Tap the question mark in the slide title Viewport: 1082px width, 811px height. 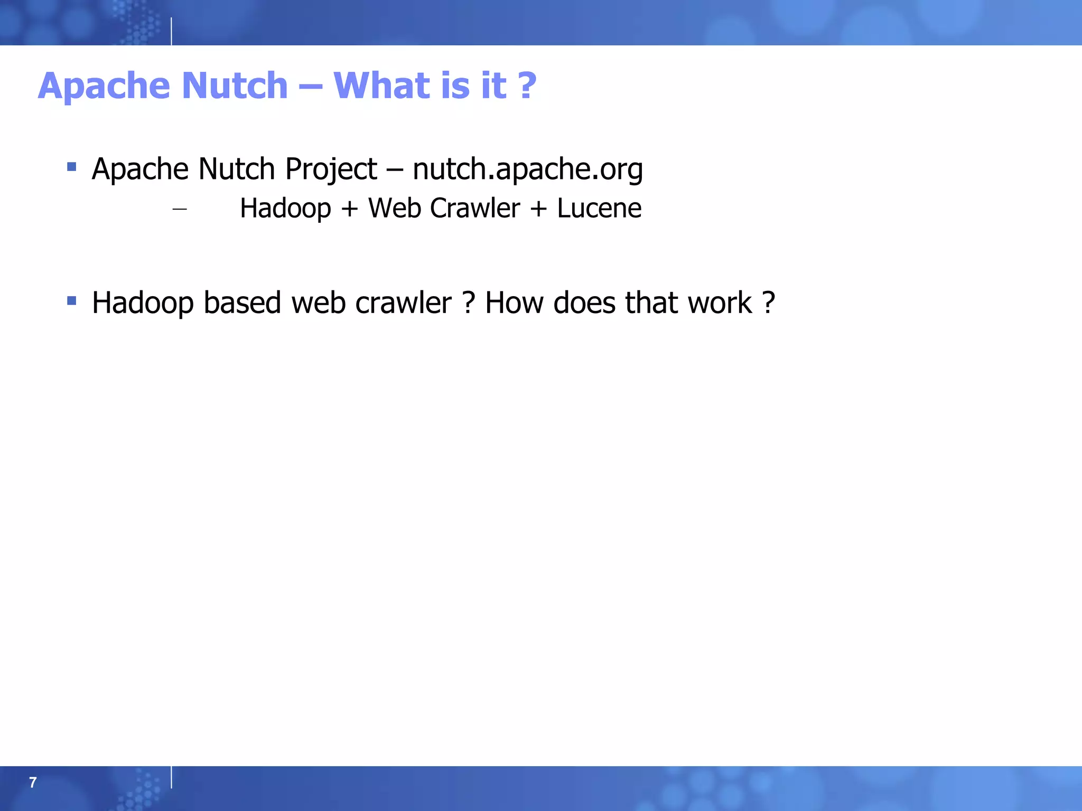click(x=526, y=86)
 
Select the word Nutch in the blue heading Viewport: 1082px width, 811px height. click(x=235, y=86)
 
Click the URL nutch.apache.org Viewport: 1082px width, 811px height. click(x=527, y=169)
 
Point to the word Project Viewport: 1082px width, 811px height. click(x=331, y=169)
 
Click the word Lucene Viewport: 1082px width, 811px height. click(x=599, y=208)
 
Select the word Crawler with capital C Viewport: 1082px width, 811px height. click(x=474, y=208)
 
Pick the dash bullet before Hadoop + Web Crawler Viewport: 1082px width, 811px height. click(x=180, y=210)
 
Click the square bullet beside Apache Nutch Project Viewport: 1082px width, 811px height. click(x=72, y=168)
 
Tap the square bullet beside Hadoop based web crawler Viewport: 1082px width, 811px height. click(x=72, y=301)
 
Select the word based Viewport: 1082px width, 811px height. click(x=242, y=303)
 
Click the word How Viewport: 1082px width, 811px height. click(x=514, y=303)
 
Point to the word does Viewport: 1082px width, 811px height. click(x=585, y=303)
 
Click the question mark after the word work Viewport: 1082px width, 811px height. click(x=769, y=303)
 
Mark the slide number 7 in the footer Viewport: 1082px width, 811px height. click(x=33, y=782)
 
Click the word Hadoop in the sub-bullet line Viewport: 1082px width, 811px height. click(x=285, y=208)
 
